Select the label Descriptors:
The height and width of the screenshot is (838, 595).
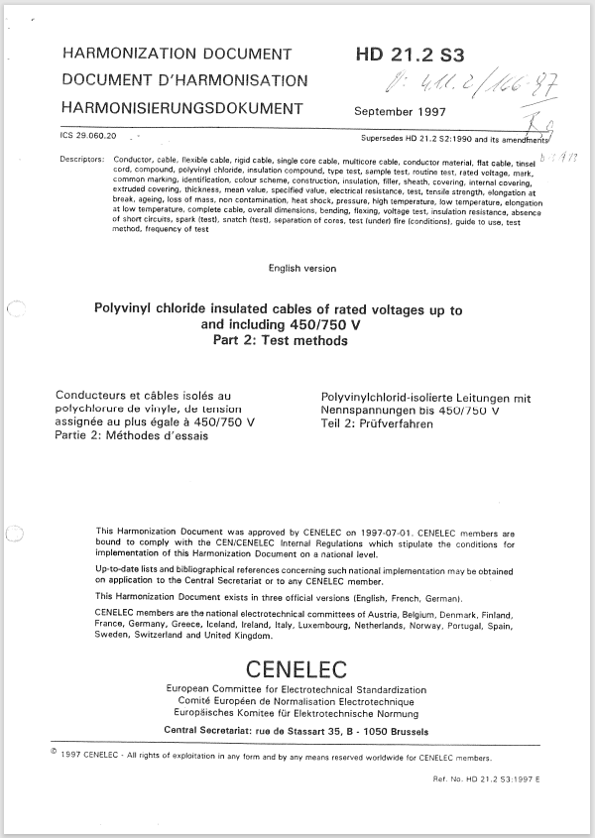82,159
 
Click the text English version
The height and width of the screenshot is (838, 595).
302,269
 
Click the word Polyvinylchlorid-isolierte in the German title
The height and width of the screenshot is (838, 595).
382,397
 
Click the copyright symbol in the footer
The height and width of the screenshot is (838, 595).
52,752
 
